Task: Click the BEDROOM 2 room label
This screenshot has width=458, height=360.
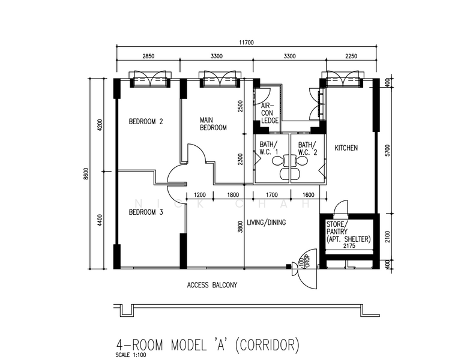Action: point(146,122)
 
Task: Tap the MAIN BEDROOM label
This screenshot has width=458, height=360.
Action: point(213,124)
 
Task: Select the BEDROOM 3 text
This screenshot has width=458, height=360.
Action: point(146,212)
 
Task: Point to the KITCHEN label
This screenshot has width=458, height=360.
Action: point(346,148)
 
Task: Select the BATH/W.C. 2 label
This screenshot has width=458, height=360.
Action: point(306,148)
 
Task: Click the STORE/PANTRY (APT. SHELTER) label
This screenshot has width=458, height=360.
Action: point(348,232)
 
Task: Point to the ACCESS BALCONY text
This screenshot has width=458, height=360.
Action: point(212,285)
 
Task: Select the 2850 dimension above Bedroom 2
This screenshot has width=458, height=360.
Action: point(148,56)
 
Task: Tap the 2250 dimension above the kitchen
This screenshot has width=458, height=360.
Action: point(351,56)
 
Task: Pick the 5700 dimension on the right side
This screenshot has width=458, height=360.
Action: point(387,153)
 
